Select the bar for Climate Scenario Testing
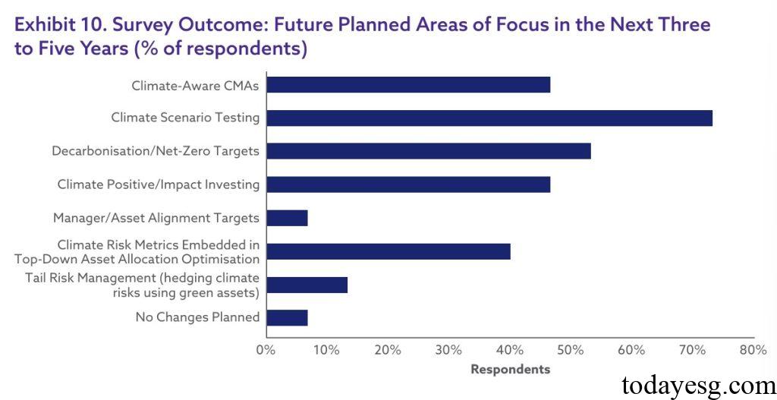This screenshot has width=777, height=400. [x=489, y=118]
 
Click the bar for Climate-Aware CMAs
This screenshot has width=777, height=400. [x=408, y=85]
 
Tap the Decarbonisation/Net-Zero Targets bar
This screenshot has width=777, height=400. [x=428, y=151]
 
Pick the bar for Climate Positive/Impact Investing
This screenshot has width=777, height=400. [x=408, y=184]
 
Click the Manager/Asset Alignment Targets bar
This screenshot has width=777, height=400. [x=287, y=218]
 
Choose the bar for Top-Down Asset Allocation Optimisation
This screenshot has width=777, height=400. [x=388, y=251]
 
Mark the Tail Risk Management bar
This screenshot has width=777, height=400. [x=307, y=285]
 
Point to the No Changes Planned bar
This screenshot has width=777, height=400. [x=287, y=317]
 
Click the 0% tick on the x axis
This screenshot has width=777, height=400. [x=266, y=350]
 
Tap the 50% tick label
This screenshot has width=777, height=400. [x=571, y=350]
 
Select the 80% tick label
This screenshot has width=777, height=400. [x=753, y=350]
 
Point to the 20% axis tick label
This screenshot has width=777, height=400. [x=388, y=350]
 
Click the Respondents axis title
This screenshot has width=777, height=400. [x=510, y=370]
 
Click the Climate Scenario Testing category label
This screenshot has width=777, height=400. [x=185, y=118]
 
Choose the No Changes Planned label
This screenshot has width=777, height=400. [x=197, y=317]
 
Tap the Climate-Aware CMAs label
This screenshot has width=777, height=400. [x=195, y=85]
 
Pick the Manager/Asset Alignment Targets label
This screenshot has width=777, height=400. [x=156, y=218]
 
